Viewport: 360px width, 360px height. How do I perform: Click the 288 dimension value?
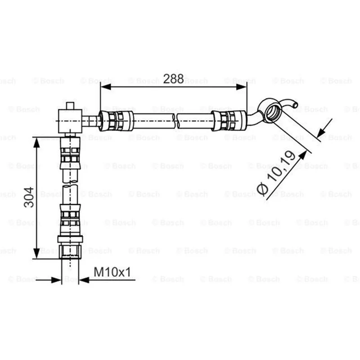(x=173, y=79)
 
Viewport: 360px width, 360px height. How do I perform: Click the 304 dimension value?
(x=29, y=197)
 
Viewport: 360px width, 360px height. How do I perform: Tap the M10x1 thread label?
(x=112, y=272)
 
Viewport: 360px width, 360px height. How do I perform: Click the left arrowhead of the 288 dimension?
(x=106, y=87)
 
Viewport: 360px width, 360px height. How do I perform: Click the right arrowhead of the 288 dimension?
(x=242, y=87)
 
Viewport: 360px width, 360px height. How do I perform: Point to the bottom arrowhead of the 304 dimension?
(x=36, y=253)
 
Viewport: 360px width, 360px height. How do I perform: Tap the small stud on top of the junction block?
(x=70, y=106)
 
